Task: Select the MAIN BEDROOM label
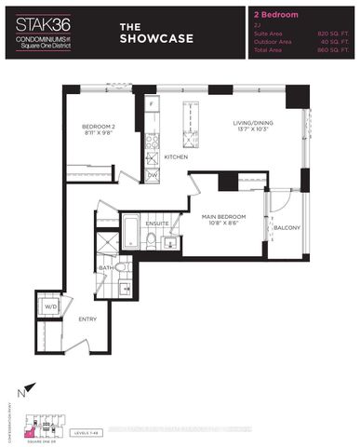(225, 217)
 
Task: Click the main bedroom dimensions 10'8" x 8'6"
(225, 225)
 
